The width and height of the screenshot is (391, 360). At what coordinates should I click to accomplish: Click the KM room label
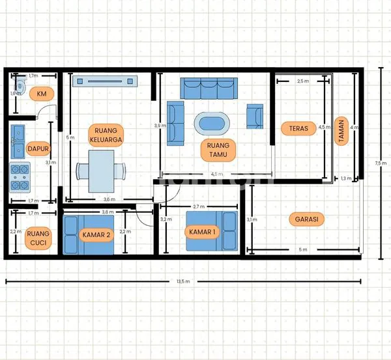(42, 94)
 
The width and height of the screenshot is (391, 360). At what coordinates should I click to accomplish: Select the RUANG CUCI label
(38, 238)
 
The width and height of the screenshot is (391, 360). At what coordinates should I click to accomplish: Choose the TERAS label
(298, 128)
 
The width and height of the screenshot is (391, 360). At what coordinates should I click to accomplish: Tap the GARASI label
(306, 219)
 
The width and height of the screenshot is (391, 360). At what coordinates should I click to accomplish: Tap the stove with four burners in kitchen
(19, 176)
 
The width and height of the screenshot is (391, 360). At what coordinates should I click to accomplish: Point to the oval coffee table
(212, 123)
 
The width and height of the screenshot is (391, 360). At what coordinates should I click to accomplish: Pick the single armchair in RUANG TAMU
(255, 116)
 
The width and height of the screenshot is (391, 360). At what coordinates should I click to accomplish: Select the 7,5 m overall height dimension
(379, 162)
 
